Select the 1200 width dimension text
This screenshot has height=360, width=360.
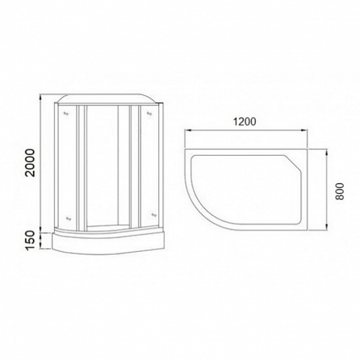coord(245,123)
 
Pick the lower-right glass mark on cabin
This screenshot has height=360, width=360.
coord(153,214)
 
